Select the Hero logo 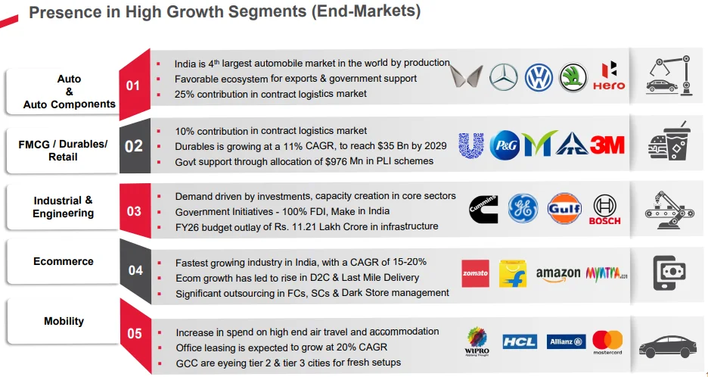[x=609, y=76]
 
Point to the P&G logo [x=505, y=145]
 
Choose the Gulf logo [x=564, y=209]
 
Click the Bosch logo [x=605, y=210]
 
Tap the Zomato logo [x=475, y=273]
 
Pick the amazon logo [x=558, y=273]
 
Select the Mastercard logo [x=607, y=342]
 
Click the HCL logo [x=519, y=342]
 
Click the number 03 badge [x=134, y=211]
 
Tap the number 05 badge [x=134, y=333]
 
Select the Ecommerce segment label [x=64, y=261]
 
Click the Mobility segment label [x=64, y=321]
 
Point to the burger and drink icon [x=669, y=141]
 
